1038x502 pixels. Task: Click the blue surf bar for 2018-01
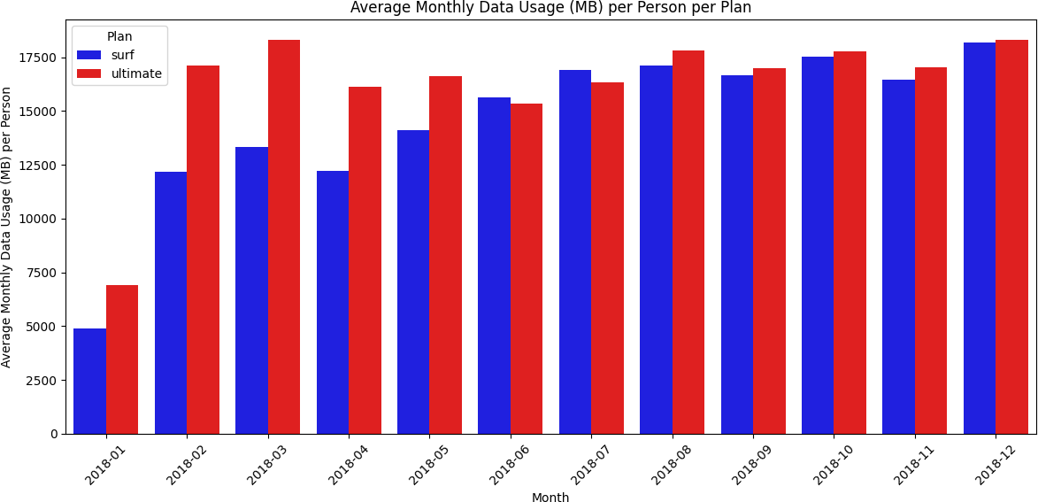click(x=89, y=381)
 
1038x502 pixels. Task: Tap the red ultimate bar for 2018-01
click(x=122, y=359)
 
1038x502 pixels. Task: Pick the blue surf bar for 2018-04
click(x=333, y=302)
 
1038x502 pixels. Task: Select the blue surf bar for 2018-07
click(x=575, y=251)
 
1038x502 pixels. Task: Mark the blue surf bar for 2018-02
click(x=171, y=302)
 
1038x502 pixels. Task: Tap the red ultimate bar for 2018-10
click(x=850, y=243)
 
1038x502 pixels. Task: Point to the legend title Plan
click(x=119, y=36)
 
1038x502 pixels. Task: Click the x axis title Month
click(x=550, y=498)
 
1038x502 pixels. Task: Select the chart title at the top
click(x=550, y=8)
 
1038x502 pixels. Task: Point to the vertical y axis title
click(x=7, y=227)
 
